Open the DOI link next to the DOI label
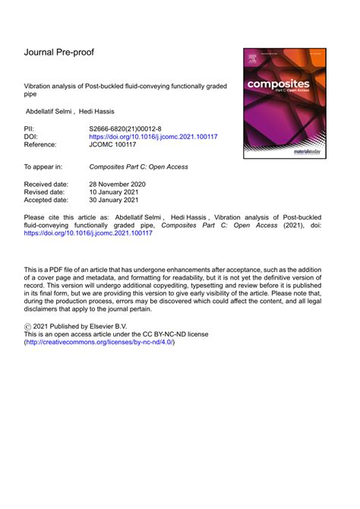153,138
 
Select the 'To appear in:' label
46,166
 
